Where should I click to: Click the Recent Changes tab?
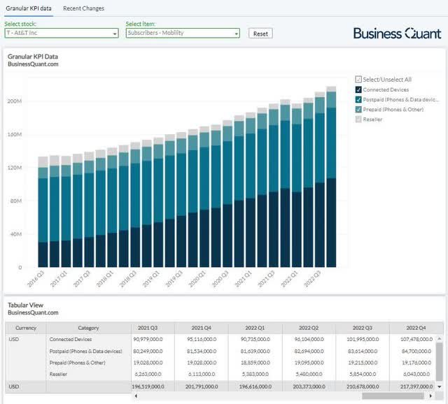[83, 8]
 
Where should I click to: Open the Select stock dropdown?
[62, 33]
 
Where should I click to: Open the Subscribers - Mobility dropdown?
[183, 33]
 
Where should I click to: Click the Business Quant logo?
[397, 33]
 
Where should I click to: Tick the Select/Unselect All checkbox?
[359, 80]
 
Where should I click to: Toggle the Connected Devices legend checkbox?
[359, 89]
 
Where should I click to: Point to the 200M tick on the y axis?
[14, 101]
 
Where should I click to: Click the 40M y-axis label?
[15, 234]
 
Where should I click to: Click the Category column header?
[89, 327]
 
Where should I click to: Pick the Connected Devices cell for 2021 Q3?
[153, 339]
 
